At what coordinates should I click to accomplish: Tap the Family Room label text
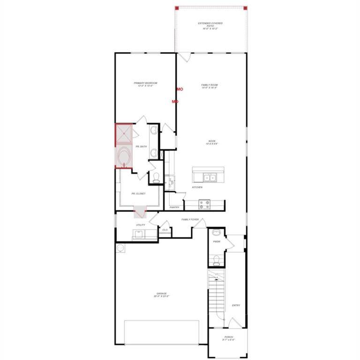(x=210, y=86)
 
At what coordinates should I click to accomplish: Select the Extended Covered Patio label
(x=210, y=25)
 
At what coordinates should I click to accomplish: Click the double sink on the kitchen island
(x=209, y=177)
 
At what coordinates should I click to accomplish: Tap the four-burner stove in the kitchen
(x=205, y=203)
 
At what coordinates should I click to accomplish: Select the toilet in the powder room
(x=216, y=261)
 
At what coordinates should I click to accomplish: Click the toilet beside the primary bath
(x=156, y=177)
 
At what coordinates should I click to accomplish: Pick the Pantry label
(x=174, y=207)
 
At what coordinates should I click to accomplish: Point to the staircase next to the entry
(x=217, y=293)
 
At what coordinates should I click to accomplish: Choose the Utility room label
(x=140, y=225)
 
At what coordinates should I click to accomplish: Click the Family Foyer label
(x=190, y=219)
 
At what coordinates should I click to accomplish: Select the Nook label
(x=212, y=142)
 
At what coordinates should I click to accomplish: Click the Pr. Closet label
(x=139, y=193)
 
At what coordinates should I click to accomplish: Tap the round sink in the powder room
(x=217, y=232)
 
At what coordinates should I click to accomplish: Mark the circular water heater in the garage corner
(x=120, y=247)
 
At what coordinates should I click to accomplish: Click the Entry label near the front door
(x=236, y=306)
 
